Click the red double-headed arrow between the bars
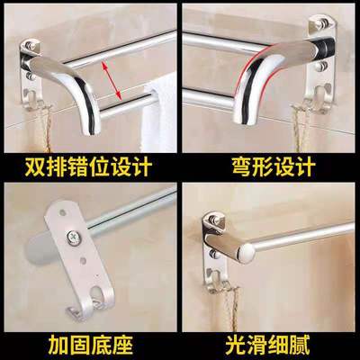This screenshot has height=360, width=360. [112, 80]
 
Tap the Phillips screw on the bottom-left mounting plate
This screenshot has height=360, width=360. [73, 238]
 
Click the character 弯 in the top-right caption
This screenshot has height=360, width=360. [242, 166]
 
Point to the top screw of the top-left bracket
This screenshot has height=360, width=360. [30, 46]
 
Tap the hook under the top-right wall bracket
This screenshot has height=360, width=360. [318, 97]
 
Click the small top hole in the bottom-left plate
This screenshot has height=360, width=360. [62, 213]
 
